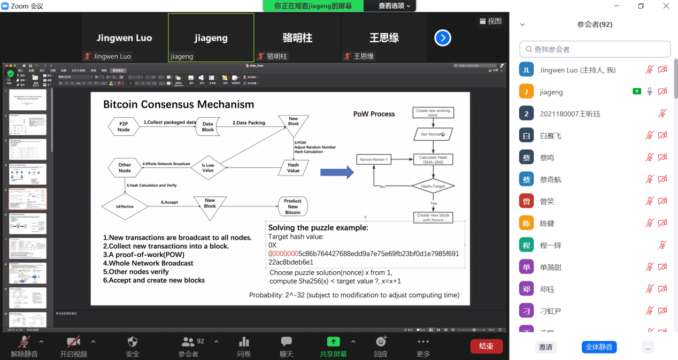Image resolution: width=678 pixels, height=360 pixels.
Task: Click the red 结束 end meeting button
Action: [486, 346]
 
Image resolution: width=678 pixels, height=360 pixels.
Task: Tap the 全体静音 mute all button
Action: [599, 347]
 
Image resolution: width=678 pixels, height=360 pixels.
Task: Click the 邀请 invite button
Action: [545, 347]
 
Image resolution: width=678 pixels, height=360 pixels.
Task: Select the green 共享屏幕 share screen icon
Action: [333, 342]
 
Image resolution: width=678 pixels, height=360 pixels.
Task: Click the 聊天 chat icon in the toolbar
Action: [287, 342]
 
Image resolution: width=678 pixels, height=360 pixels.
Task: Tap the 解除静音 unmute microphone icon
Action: [24, 342]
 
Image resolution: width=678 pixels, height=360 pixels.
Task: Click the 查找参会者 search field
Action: [595, 49]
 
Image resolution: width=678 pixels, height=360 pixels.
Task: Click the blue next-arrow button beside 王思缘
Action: [443, 38]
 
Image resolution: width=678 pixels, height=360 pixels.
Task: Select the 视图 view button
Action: [491, 21]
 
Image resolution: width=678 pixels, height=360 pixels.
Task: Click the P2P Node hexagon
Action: [124, 126]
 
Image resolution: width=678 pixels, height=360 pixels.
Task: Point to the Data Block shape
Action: [207, 126]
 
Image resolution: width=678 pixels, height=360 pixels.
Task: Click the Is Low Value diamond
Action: [207, 167]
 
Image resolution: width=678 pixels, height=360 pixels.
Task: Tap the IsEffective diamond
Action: [125, 206]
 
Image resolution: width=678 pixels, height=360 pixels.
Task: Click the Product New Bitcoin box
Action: [292, 206]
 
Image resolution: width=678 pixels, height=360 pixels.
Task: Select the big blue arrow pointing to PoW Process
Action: [337, 172]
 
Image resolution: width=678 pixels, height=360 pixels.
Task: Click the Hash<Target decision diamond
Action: [433, 186]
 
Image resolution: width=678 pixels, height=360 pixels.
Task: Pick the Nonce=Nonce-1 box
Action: [374, 159]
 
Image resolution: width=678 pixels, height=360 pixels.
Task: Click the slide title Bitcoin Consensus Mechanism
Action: [179, 104]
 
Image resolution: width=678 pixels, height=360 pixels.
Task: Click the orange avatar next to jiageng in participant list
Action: [526, 91]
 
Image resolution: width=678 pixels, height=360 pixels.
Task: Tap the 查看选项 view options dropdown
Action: [395, 6]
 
